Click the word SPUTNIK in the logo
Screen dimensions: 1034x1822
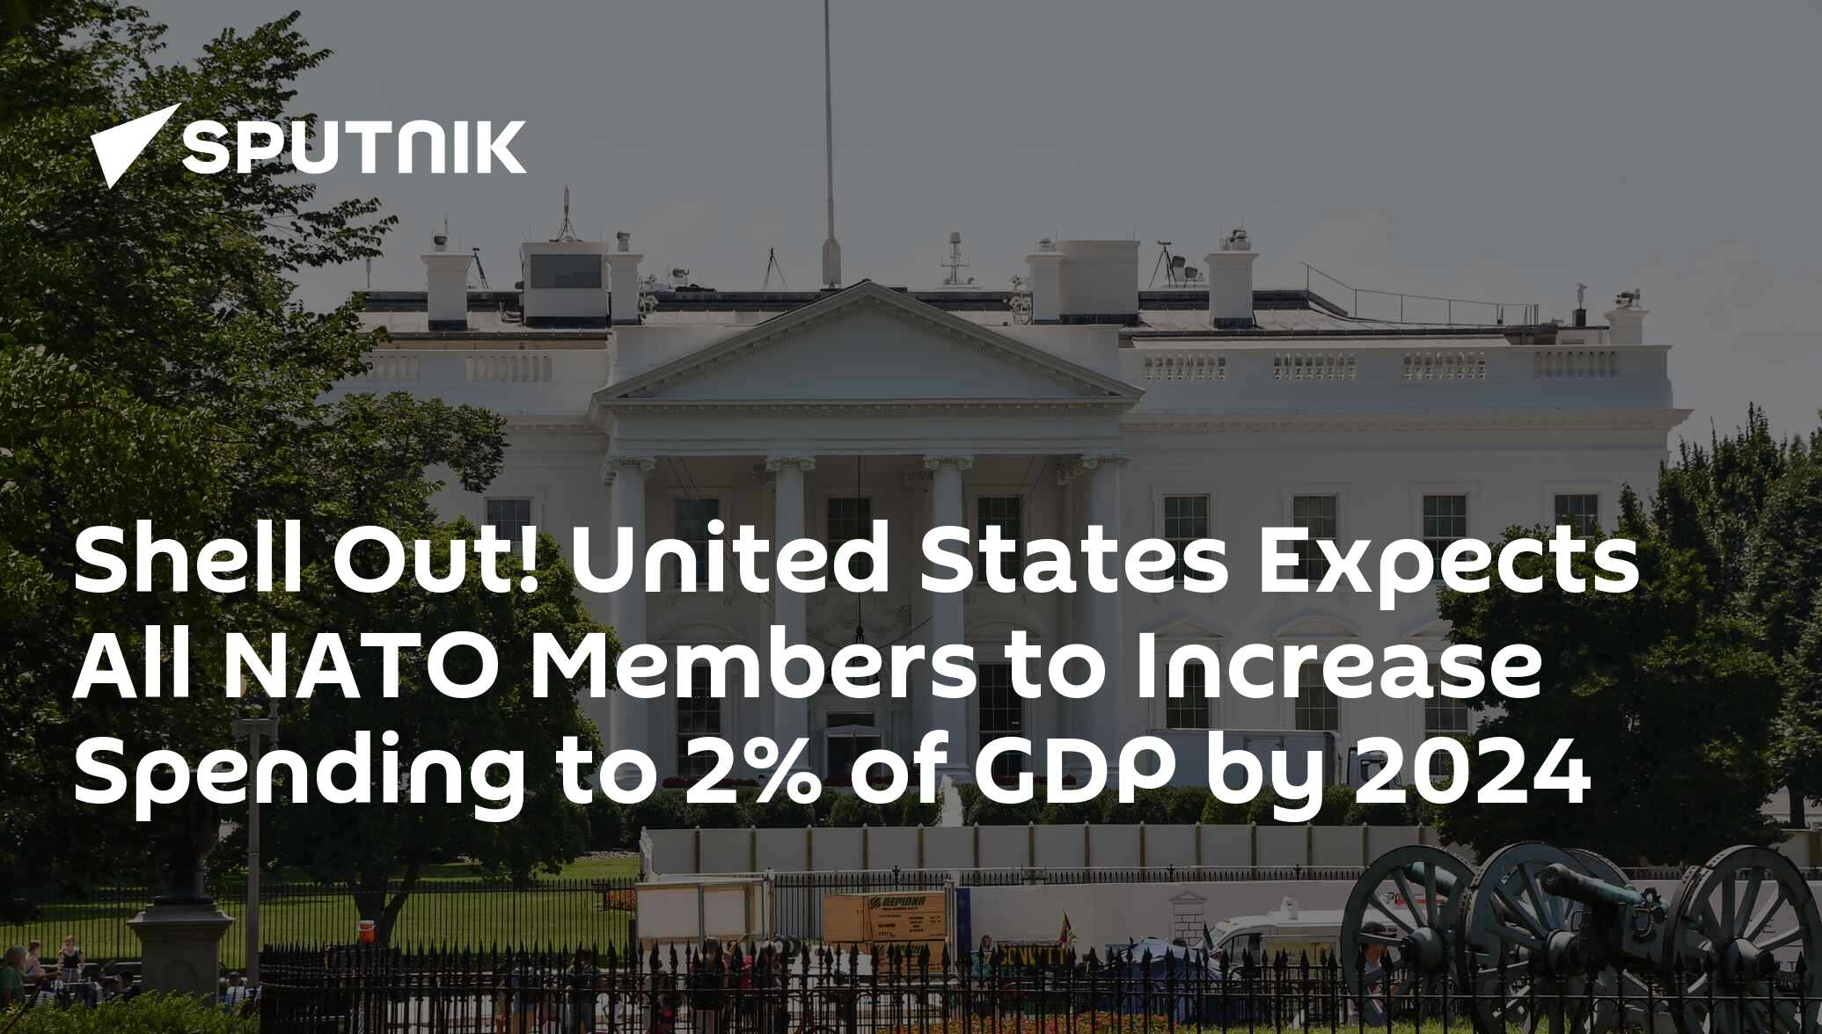[x=354, y=147]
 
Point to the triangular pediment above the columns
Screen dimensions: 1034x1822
[x=867, y=352]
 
